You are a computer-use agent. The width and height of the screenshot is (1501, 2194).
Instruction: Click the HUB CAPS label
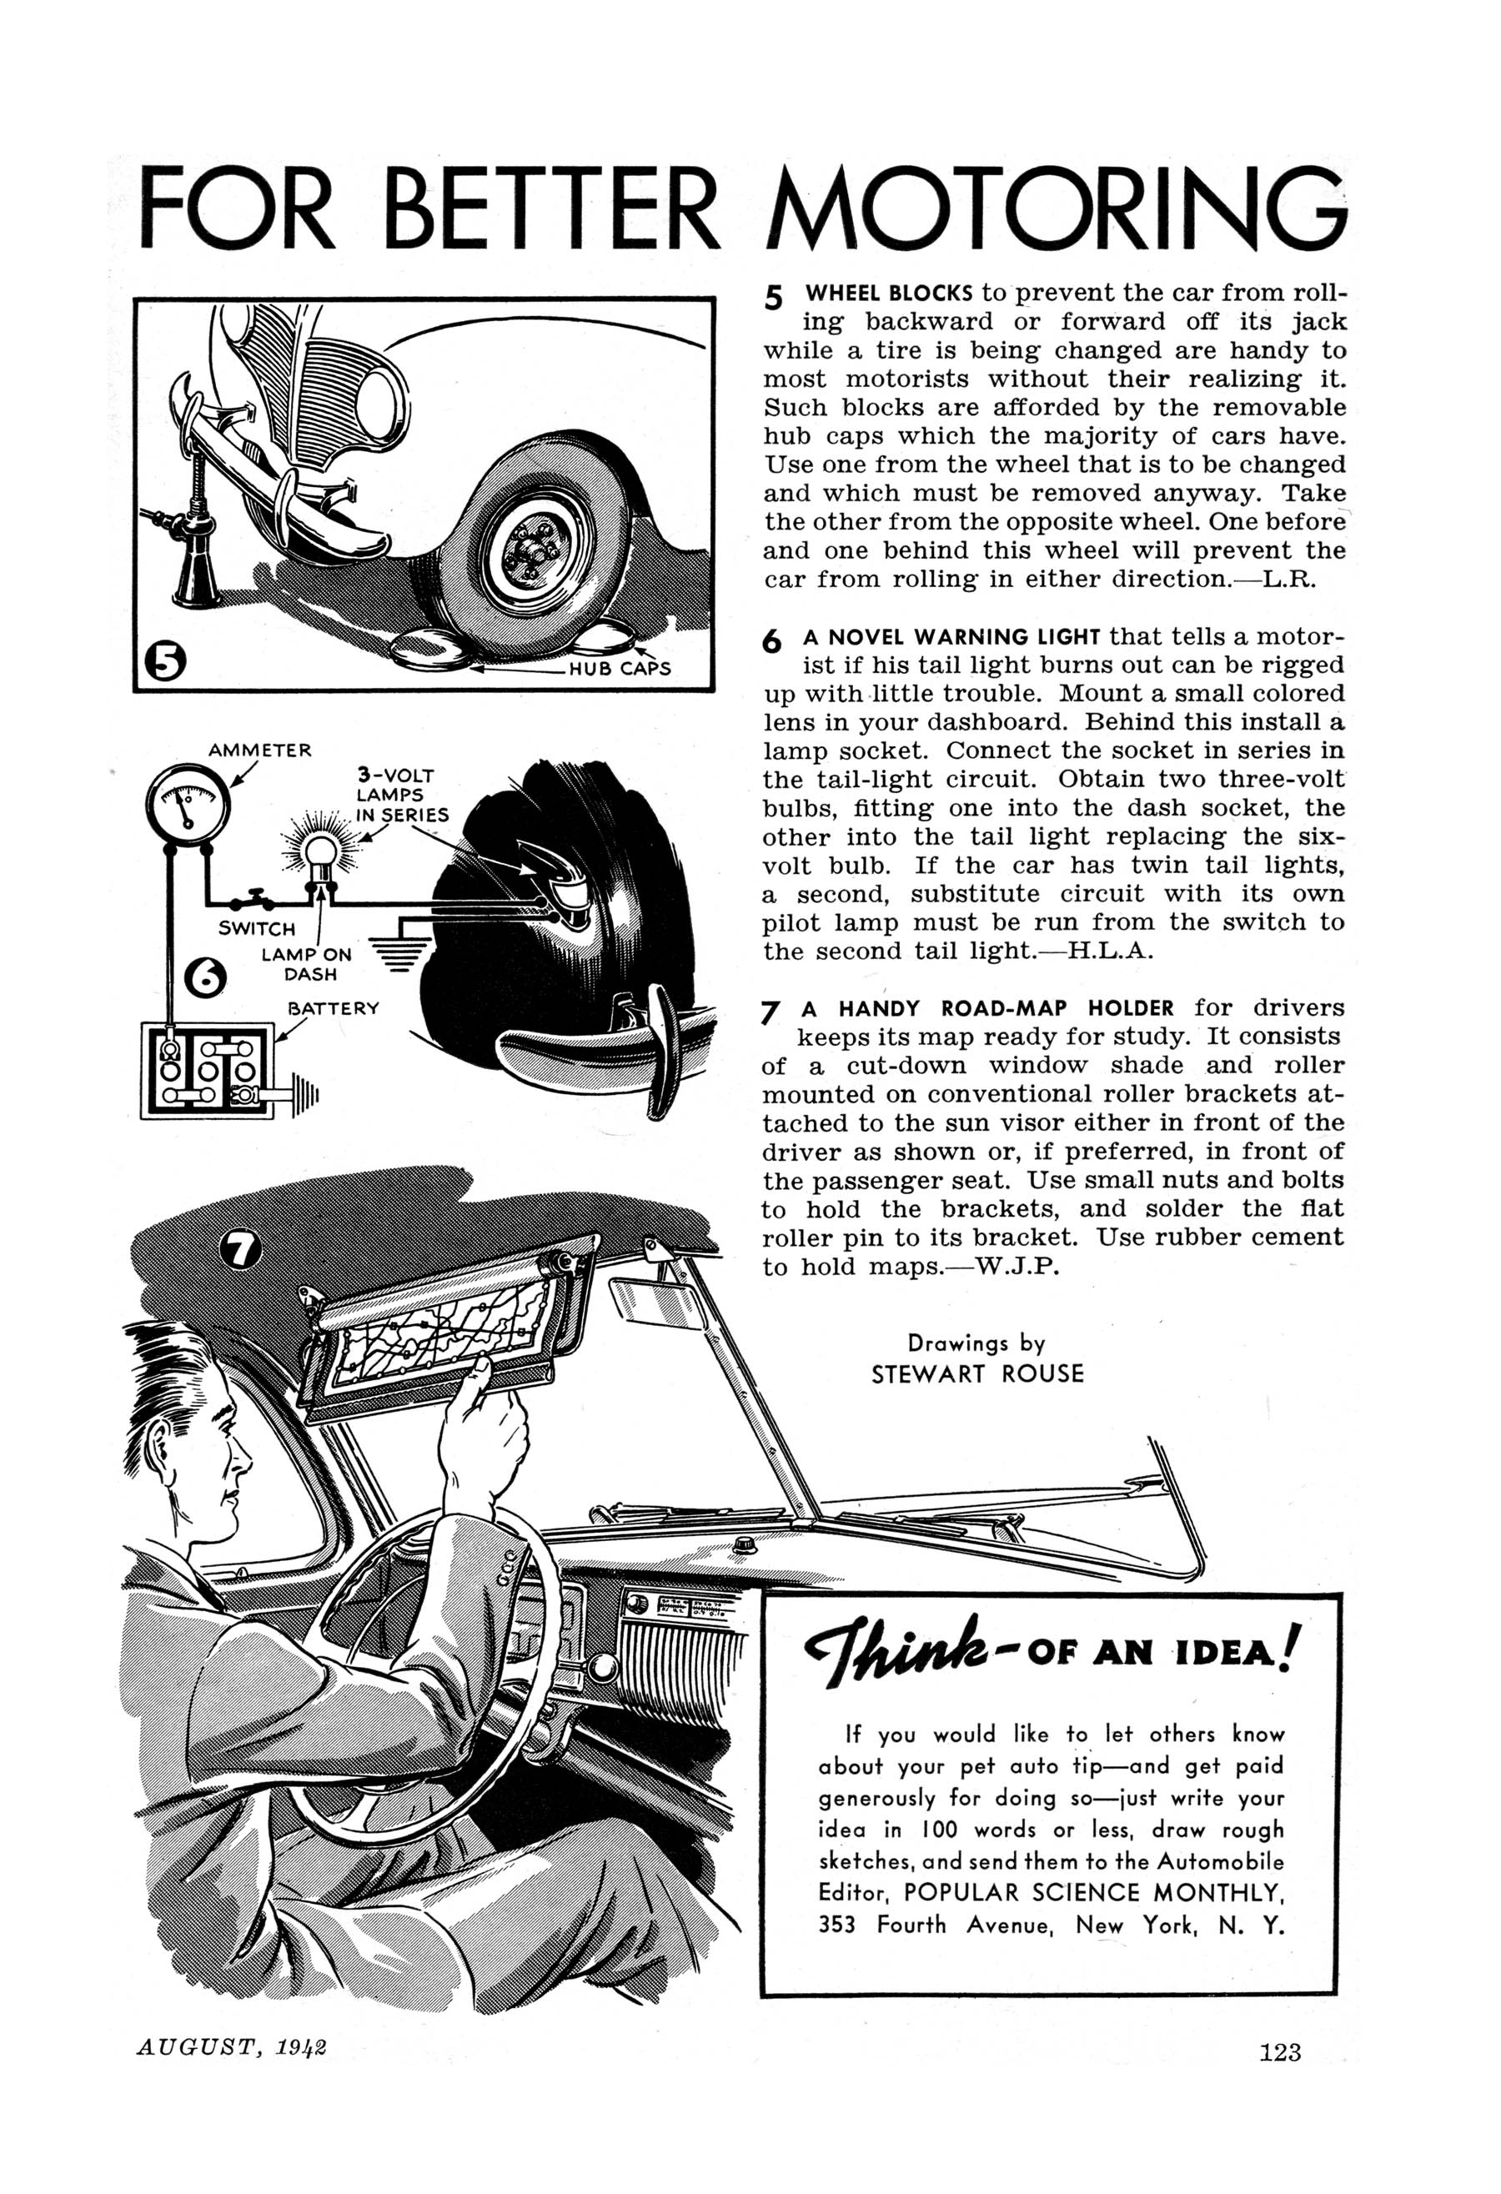pos(620,669)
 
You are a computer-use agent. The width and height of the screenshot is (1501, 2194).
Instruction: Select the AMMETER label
pos(259,751)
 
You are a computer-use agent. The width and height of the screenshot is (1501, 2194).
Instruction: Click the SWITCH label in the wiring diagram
pos(257,928)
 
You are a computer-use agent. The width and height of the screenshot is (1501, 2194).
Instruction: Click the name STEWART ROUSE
pos(977,1373)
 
